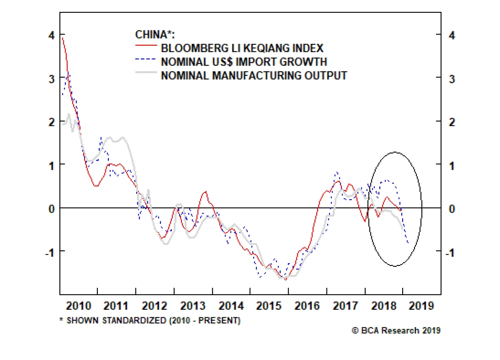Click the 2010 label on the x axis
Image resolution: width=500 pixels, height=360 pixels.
tap(78, 305)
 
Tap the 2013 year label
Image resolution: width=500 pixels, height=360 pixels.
tap(192, 305)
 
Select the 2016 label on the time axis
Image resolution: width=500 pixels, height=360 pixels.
tap(307, 305)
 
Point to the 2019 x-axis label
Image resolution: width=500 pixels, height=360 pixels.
tap(421, 305)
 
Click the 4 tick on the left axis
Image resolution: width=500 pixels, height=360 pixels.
tap(52, 35)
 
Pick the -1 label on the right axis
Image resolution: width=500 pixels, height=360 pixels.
tap(450, 252)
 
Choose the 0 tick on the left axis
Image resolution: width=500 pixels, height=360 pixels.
tap(52, 208)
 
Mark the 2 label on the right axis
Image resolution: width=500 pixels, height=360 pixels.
tap(452, 122)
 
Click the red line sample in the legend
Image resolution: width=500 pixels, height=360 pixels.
tap(146, 46)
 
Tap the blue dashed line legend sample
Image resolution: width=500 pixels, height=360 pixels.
tap(146, 59)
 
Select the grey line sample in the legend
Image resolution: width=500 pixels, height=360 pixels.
tap(146, 73)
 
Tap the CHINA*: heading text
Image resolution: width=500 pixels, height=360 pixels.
tap(155, 34)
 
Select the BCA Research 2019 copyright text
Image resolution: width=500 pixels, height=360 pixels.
tap(396, 330)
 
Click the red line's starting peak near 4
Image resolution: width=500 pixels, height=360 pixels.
tap(63, 38)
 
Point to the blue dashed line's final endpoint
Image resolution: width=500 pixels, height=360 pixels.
tap(408, 242)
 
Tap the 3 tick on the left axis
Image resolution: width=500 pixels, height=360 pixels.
tap(52, 79)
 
